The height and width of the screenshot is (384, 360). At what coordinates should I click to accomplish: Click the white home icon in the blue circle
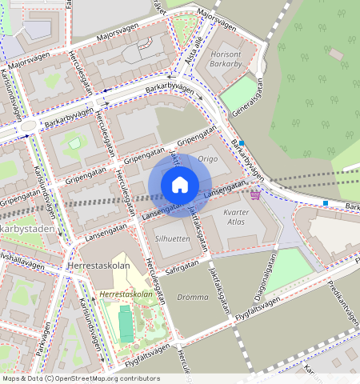(x=180, y=185)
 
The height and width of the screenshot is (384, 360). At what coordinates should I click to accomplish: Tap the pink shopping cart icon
(x=255, y=194)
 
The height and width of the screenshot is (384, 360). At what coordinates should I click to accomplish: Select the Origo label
(x=208, y=159)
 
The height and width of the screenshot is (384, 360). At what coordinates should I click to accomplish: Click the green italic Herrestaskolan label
(x=126, y=294)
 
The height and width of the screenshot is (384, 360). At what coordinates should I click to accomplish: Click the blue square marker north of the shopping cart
(x=242, y=143)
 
